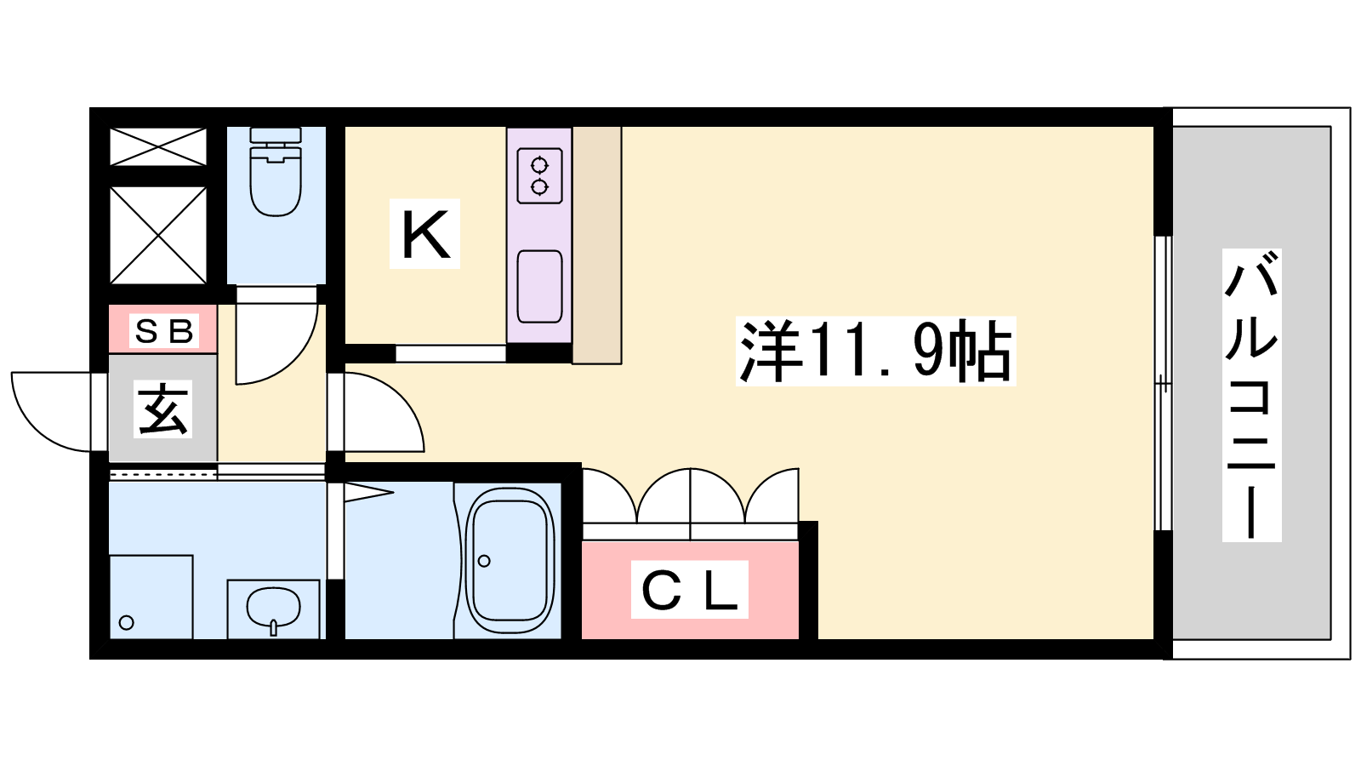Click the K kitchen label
424,234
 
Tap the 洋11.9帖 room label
875,351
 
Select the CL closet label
690,589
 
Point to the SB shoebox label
163,331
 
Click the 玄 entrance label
162,409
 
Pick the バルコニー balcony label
1251,395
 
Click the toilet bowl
276,183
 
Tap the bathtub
510,560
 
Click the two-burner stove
539,175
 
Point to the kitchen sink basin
539,286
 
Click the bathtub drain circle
484,561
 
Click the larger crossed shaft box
158,235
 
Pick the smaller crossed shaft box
158,146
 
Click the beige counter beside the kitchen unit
596,245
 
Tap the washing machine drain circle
127,622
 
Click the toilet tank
276,136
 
